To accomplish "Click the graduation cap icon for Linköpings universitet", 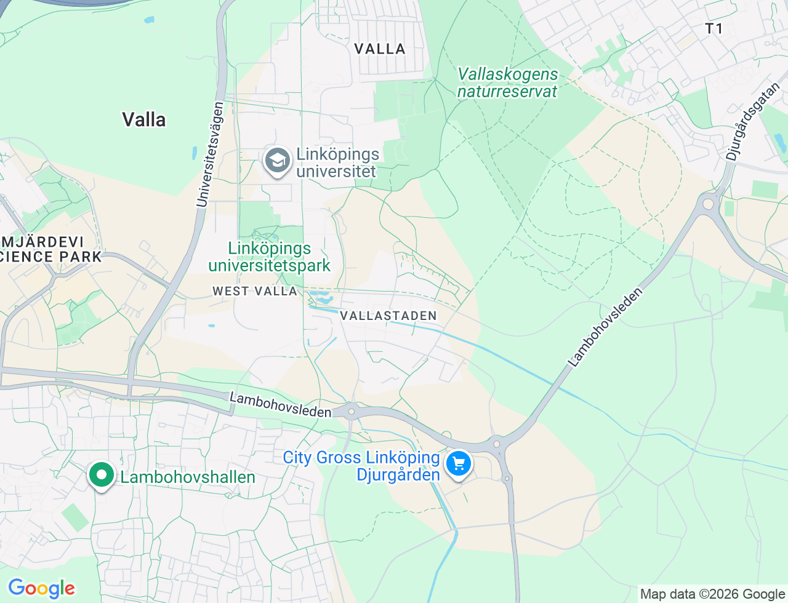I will (x=278, y=161).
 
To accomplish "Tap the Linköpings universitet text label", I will (x=337, y=162).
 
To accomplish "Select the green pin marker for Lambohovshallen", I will (x=102, y=475).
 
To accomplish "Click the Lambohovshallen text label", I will (x=188, y=477).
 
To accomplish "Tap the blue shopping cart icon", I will (x=458, y=464).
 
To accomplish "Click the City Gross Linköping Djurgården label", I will (x=362, y=466).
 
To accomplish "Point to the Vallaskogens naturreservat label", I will (x=507, y=82).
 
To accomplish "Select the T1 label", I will (x=714, y=28).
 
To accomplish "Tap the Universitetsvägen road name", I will (x=211, y=154).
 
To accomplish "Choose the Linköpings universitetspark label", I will (x=270, y=257).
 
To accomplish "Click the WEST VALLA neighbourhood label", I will (x=255, y=291).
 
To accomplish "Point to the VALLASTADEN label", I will (x=388, y=316).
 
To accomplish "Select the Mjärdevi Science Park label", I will (x=49, y=249).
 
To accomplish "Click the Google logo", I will (x=41, y=588).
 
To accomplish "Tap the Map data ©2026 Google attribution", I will (x=712, y=594).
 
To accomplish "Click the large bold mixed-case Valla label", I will (x=143, y=119).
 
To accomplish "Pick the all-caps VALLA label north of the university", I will (x=380, y=49).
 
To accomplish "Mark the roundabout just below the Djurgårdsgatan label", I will (x=708, y=203).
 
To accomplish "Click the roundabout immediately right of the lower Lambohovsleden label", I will (x=352, y=411).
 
